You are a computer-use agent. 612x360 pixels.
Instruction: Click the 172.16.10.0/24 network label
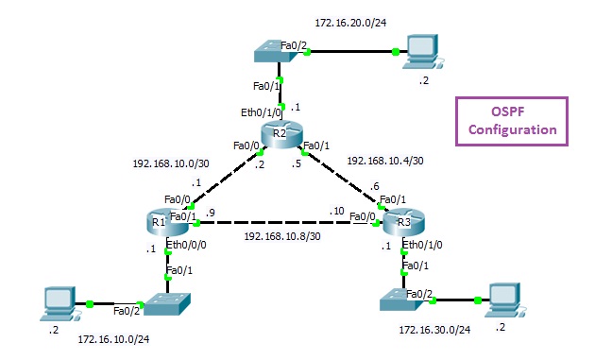(115, 336)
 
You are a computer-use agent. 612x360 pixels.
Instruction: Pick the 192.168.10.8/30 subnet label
(280, 236)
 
